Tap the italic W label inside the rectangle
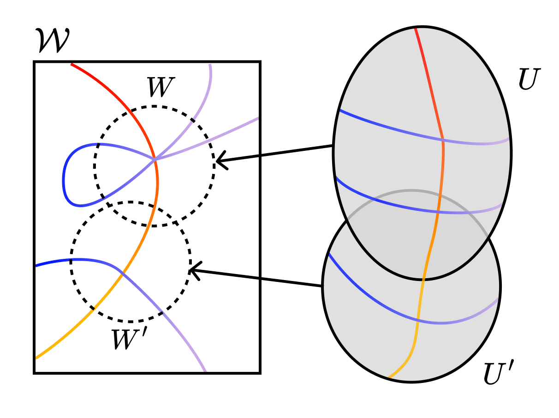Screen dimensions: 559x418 [159, 88]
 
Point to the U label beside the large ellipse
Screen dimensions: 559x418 [529, 79]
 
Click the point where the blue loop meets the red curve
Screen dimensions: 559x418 [155, 159]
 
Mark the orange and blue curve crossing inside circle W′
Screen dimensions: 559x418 [122, 275]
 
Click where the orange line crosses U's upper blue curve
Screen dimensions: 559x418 [442, 138]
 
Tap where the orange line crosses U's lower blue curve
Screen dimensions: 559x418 [437, 212]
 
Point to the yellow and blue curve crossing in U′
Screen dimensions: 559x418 [418, 320]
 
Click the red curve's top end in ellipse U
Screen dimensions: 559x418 [416, 29]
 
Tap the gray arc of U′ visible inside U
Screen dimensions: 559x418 [410, 191]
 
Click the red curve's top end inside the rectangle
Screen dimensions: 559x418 [72, 64]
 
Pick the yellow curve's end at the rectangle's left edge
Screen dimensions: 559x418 [36, 357]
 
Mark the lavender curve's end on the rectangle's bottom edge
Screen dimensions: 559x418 [205, 370]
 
